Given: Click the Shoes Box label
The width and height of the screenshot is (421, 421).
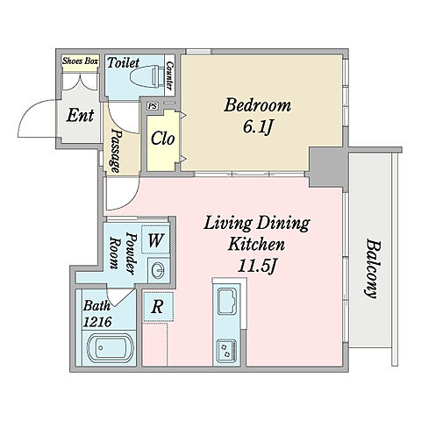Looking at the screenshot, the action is [80, 61].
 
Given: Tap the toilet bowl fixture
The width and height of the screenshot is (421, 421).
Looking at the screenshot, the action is [147, 77].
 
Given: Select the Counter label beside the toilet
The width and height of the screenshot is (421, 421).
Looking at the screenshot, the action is [169, 75].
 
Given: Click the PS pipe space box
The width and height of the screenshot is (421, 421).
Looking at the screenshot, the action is [152, 105].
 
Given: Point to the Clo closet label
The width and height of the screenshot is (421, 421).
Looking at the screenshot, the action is [162, 139].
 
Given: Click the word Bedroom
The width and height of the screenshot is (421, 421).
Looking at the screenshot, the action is [257, 105].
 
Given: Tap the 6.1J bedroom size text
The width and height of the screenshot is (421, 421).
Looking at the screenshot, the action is [258, 127].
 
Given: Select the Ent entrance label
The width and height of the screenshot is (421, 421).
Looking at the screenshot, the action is [80, 116].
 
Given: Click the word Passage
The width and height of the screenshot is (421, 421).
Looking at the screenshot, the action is [116, 151].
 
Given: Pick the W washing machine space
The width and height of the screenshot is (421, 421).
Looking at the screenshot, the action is [155, 239].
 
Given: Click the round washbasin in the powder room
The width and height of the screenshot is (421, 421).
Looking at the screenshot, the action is [159, 268].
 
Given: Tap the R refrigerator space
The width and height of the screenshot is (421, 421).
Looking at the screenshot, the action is [158, 306].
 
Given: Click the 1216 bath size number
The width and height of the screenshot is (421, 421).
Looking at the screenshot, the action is [97, 322].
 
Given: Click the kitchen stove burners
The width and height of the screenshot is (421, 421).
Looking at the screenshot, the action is [227, 350].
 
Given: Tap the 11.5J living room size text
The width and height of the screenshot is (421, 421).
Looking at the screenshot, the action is [257, 266].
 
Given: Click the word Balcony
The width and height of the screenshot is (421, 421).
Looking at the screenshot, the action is [372, 268].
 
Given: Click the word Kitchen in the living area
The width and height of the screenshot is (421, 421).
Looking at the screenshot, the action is [256, 244].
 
